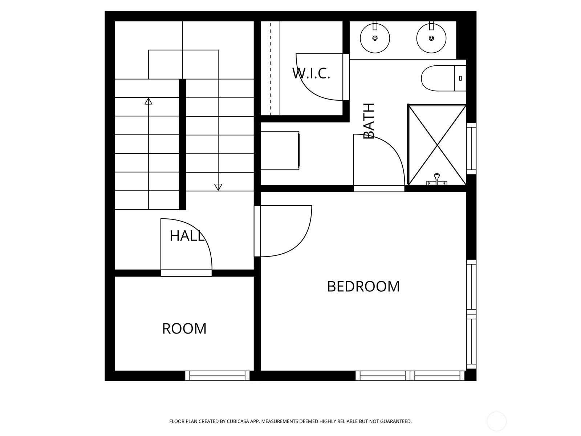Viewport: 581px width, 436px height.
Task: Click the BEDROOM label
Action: [363, 286]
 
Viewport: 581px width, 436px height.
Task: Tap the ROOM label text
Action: [184, 329]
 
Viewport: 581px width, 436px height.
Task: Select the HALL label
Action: [187, 235]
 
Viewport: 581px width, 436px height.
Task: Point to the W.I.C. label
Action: [311, 73]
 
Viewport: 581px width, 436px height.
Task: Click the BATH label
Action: [369, 121]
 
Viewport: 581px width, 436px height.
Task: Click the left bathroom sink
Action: [375, 38]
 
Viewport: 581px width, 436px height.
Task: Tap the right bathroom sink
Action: [431, 38]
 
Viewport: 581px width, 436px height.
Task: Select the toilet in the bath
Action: [443, 78]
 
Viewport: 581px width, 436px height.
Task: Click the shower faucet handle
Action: [436, 176]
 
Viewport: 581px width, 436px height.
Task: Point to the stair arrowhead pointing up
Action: [149, 101]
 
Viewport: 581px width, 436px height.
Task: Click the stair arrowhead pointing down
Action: [218, 187]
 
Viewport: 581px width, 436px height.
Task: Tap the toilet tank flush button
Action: [460, 78]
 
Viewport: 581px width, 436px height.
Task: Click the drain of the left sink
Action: [375, 38]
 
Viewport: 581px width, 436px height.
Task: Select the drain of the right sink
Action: [431, 38]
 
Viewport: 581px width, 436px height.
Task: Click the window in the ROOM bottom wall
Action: [217, 376]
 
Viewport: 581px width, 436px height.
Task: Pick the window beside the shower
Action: [471, 148]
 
